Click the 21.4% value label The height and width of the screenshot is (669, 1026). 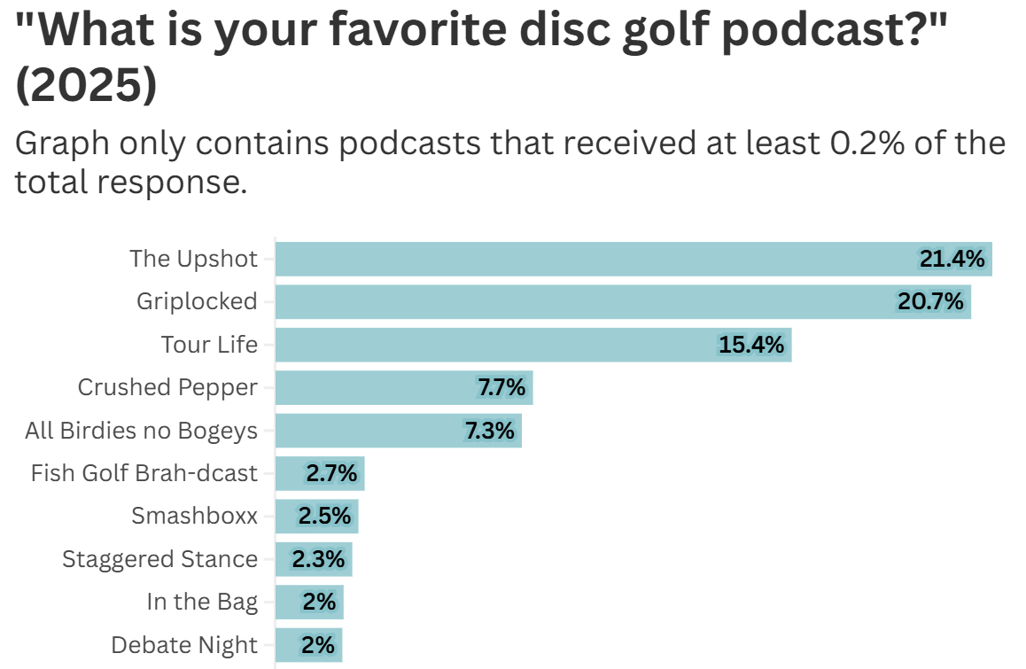[952, 259]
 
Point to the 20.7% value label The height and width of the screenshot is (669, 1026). [930, 302]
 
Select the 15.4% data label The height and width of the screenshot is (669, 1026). [751, 345]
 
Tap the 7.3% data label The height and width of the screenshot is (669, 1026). [490, 431]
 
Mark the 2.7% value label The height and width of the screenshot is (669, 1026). [331, 473]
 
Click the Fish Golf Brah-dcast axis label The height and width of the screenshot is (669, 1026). [144, 473]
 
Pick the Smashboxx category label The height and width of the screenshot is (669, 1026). [194, 516]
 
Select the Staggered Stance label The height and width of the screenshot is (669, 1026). [159, 559]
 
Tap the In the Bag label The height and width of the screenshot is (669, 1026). [202, 602]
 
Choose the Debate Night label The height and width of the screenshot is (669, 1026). [184, 645]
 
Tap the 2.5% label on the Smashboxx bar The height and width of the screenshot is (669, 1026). [324, 516]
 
